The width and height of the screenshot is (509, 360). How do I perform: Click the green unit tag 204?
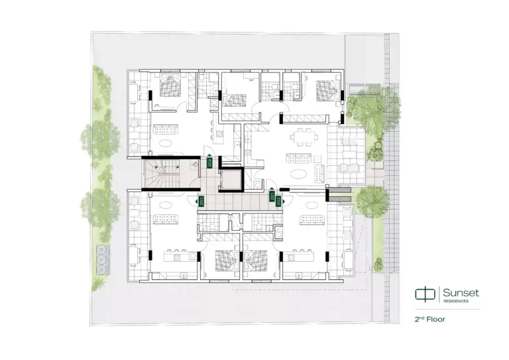(x=209, y=161)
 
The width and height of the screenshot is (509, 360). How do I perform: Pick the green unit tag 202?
(x=279, y=202)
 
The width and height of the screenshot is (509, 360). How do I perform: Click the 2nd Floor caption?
(x=429, y=320)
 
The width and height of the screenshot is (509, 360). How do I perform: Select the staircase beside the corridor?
(x=162, y=175)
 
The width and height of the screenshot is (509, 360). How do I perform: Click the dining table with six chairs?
(x=306, y=137)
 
